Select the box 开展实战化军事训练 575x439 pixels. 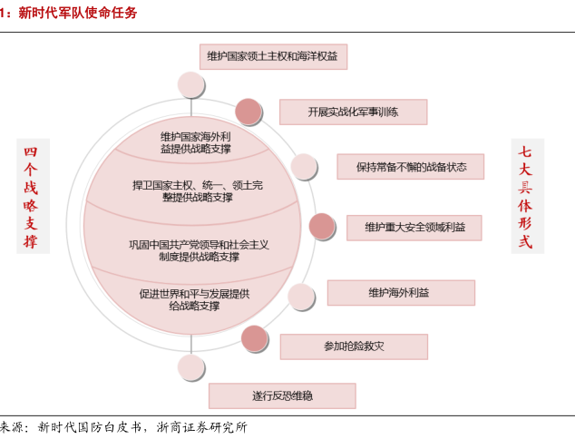pos(353,112)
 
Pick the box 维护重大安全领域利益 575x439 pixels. pos(414,227)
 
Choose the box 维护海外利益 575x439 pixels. pos(399,293)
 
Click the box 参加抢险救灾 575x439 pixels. pos(353,346)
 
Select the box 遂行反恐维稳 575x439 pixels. pos(281,396)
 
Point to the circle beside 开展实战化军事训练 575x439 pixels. pos(249,112)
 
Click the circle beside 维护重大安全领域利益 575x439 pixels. pos(322,227)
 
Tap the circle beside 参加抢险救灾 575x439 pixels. pos(255,338)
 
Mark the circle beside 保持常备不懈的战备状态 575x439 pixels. pos(304,167)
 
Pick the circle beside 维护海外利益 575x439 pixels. pos(300,296)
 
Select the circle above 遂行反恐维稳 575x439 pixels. pos(191,366)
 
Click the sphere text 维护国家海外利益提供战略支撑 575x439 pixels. pos(196,141)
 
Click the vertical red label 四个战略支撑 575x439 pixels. pos(32,196)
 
